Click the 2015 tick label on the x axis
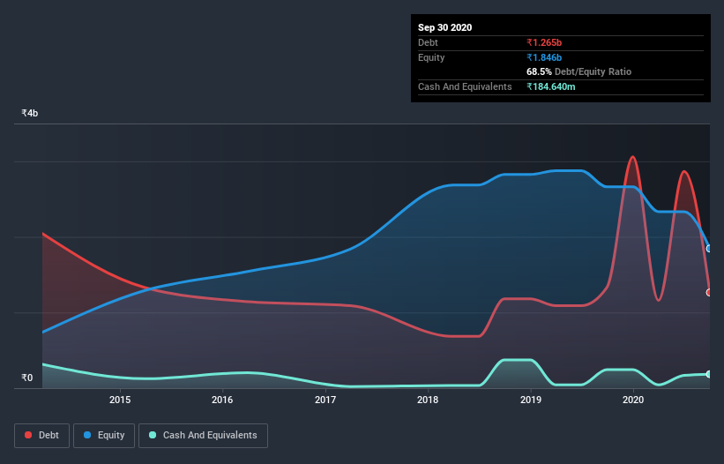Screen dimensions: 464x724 click(x=120, y=400)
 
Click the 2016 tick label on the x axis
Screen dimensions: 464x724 click(x=222, y=400)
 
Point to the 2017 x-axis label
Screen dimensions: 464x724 click(x=325, y=400)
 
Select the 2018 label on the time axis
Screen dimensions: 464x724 click(x=428, y=400)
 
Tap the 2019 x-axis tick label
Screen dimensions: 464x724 click(x=531, y=400)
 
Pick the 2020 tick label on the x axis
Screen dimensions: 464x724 click(x=633, y=400)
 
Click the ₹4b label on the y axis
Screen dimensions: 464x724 click(x=30, y=114)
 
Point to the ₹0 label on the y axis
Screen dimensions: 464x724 click(x=27, y=378)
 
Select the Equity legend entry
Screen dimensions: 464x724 click(x=104, y=435)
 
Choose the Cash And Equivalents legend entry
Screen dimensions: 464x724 click(x=203, y=435)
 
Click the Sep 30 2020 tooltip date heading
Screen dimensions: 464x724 click(x=444, y=27)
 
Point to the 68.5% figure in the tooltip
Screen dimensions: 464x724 click(x=539, y=71)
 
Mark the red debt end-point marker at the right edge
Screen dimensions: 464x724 click(x=709, y=292)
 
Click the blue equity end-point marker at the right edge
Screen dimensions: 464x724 click(x=709, y=249)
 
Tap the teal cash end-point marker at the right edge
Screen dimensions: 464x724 click(x=709, y=375)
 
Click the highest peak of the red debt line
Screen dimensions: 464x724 click(x=632, y=157)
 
